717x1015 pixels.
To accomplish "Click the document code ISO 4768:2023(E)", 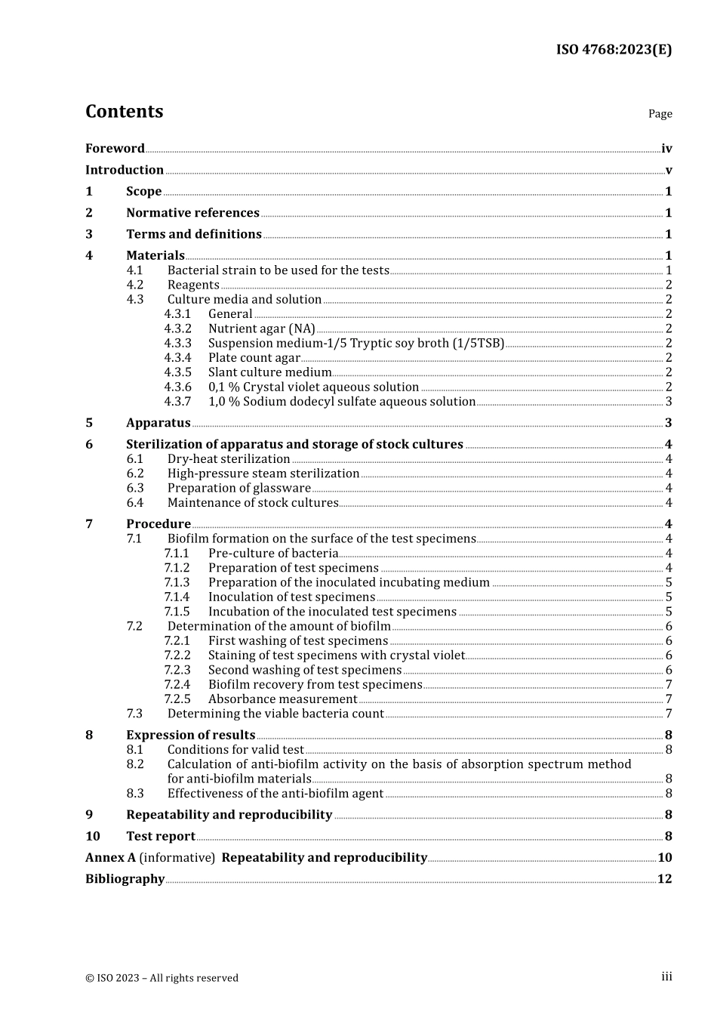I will (614, 50).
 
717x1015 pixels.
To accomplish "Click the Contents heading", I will (124, 111).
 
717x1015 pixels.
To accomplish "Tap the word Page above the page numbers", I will (660, 114).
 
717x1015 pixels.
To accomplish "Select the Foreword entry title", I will (115, 149).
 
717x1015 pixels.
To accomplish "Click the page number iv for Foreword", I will (666, 149).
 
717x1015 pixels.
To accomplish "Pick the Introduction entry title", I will (125, 170).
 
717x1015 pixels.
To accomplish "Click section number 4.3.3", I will (177, 343).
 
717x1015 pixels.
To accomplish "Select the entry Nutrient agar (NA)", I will (261, 329).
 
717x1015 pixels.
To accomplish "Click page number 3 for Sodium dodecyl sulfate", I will (669, 402).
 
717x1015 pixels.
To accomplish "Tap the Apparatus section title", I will (158, 423).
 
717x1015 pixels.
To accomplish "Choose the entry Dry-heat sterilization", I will (229, 459).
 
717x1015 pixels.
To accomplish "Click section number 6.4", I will (134, 503).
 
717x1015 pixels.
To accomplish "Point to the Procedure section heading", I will (158, 524).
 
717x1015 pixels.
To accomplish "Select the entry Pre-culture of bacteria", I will (273, 554).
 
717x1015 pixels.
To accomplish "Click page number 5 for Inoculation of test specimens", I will (669, 597).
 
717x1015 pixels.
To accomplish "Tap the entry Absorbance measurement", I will (282, 699).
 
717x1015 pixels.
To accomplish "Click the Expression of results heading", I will (190, 735).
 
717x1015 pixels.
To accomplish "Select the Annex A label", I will (110, 858).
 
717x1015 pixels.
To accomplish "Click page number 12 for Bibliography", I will (664, 879).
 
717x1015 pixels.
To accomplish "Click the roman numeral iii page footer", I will (666, 977).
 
